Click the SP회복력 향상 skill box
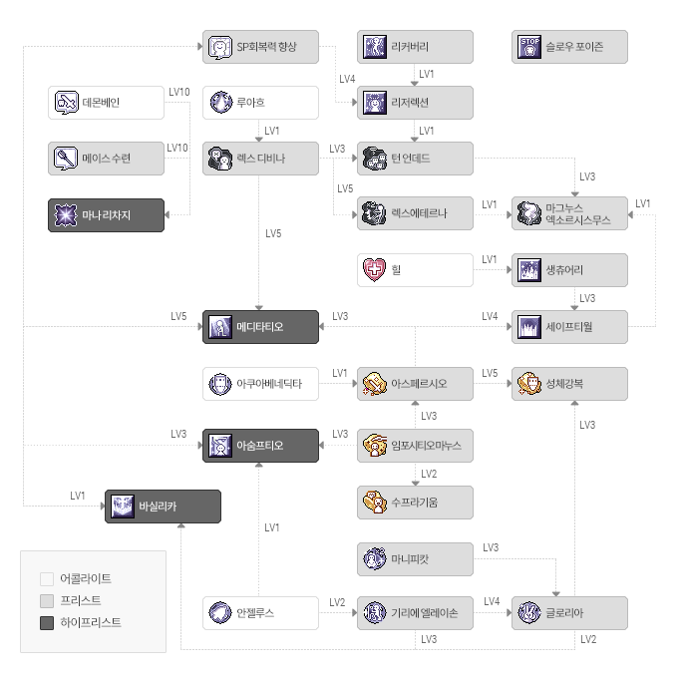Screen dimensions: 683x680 [x=260, y=47]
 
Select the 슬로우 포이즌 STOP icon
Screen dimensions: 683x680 [x=529, y=47]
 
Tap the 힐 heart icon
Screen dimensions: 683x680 [x=374, y=269]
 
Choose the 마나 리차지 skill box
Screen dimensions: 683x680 [x=107, y=215]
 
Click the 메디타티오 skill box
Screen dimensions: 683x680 [x=260, y=327]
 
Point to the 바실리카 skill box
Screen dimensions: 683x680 [x=163, y=507]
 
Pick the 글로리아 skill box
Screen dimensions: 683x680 [x=569, y=613]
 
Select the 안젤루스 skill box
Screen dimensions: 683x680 [x=260, y=613]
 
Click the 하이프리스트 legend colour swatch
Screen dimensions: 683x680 [x=47, y=623]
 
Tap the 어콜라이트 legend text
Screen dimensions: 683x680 [x=86, y=578]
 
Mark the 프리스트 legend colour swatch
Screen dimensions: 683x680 [x=47, y=601]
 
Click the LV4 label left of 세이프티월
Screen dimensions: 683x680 [x=490, y=316]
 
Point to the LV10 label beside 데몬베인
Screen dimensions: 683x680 [x=179, y=92]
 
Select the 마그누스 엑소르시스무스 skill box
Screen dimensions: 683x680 [x=569, y=213]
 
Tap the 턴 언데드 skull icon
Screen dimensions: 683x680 [x=374, y=159]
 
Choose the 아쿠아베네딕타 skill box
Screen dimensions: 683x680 [x=260, y=384]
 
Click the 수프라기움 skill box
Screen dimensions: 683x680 [x=415, y=503]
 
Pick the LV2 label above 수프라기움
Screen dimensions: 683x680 [x=429, y=474]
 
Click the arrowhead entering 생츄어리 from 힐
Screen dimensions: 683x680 [x=510, y=269]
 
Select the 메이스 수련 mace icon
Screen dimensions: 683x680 [x=66, y=159]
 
